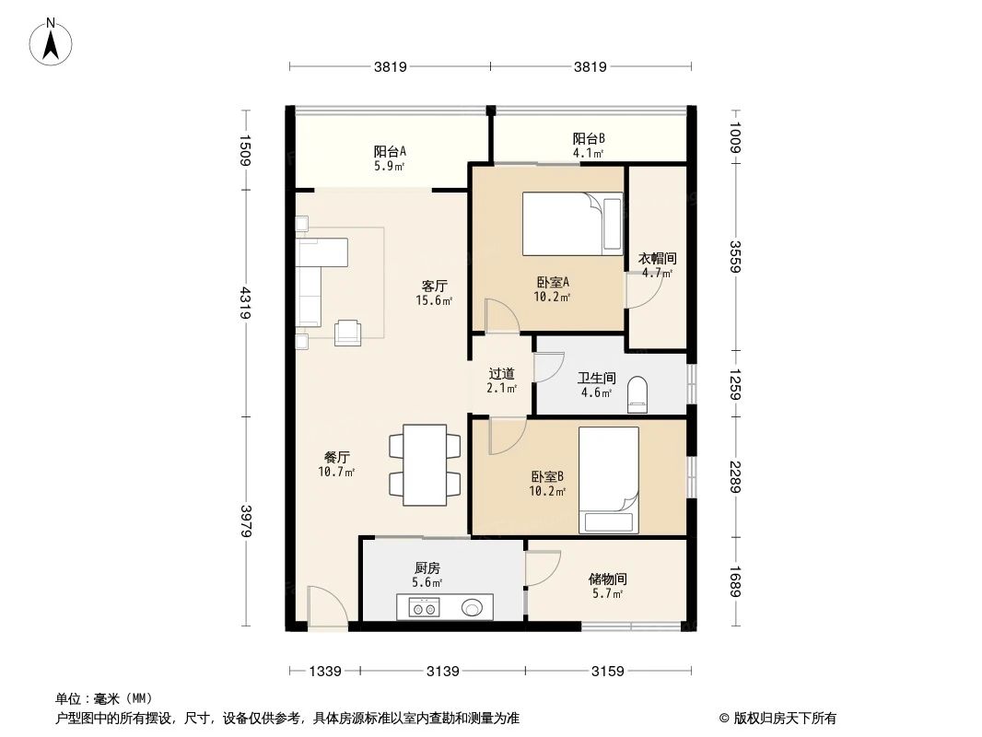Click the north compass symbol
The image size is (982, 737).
coord(53,41)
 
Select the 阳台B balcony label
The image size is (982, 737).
coord(588,146)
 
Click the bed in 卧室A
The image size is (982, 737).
coord(572,224)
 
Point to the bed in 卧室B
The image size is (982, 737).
coord(608,479)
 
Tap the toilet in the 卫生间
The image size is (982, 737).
coord(637,393)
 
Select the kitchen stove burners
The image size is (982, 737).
coord(425,607)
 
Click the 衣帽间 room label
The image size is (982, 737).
coord(657,265)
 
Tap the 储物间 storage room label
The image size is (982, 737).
coord(608,585)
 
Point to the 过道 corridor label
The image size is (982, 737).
coord(501,380)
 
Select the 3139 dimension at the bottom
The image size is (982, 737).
coord(442,671)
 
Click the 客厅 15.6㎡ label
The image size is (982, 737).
coord(434,293)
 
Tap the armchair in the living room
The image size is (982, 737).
coord(348,332)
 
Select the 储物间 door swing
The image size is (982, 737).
coord(542,568)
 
